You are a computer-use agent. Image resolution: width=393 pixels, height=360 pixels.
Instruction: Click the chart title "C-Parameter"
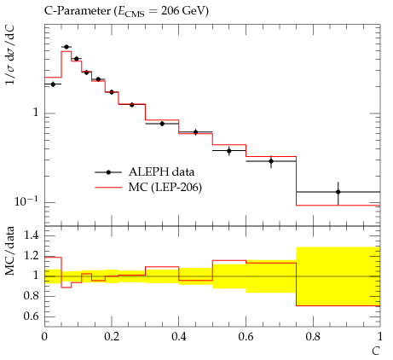[x=78, y=11]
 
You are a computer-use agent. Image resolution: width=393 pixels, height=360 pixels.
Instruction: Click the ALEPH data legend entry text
[x=161, y=171]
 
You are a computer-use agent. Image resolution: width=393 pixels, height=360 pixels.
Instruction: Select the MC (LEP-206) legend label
[x=165, y=187]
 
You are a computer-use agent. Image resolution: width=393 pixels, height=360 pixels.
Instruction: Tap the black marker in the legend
[x=108, y=172]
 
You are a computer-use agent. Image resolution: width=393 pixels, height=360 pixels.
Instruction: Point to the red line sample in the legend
[x=108, y=188]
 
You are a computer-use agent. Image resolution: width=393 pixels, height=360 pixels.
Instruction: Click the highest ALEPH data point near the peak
[x=66, y=47]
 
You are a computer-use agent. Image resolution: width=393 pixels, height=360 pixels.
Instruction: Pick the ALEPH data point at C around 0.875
[x=338, y=192]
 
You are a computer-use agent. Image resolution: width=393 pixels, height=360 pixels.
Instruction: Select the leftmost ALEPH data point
[x=53, y=84]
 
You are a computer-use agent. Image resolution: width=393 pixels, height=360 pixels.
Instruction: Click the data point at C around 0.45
[x=195, y=132]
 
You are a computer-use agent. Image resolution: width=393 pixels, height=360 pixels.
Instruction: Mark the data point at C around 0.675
[x=271, y=161]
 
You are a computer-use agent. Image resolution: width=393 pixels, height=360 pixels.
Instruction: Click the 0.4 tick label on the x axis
[x=179, y=337]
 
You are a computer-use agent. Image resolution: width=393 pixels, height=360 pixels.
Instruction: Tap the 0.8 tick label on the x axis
[x=313, y=337]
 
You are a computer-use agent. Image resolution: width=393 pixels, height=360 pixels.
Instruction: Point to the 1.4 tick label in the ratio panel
[x=32, y=235]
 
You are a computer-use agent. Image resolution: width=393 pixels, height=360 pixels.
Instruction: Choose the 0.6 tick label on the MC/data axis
[x=32, y=316]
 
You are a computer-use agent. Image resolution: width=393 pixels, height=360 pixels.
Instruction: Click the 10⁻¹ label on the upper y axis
[x=26, y=201]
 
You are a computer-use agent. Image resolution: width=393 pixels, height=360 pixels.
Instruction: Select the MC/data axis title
[x=10, y=251]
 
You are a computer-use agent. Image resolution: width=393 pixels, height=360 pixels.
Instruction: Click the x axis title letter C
[x=376, y=351]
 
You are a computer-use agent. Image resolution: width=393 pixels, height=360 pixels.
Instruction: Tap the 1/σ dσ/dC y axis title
[x=10, y=55]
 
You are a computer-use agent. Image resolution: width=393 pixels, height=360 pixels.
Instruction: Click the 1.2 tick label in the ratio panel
[x=32, y=256]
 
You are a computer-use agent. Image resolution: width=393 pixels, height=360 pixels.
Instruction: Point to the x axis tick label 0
[x=44, y=337]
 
